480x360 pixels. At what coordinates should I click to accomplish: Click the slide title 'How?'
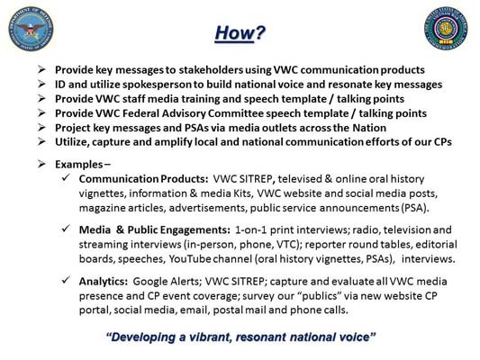239,32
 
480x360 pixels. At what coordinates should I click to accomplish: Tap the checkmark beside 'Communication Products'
68,179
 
